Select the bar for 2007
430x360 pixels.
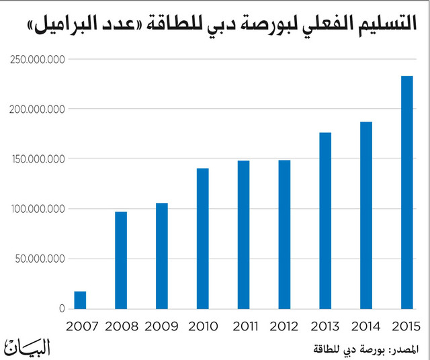pyautogui.click(x=80, y=300)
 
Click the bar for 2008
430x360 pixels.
pyautogui.click(x=121, y=260)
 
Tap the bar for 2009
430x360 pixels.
pyautogui.click(x=162, y=256)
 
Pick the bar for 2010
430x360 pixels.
pyautogui.click(x=203, y=238)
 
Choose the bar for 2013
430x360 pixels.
pyautogui.click(x=325, y=221)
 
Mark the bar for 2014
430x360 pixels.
pyautogui.click(x=366, y=215)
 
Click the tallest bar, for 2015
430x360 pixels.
pyautogui.click(x=407, y=193)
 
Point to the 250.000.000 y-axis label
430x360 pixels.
pyautogui.click(x=38, y=60)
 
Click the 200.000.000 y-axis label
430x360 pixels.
pyautogui.click(x=37, y=109)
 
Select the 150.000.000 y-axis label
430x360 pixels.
pyautogui.click(x=38, y=159)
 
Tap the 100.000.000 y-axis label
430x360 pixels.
pyautogui.click(x=38, y=209)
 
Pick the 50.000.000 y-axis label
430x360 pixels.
pyautogui.click(x=40, y=259)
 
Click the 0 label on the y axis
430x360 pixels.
pyautogui.click(x=62, y=309)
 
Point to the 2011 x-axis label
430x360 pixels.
pyautogui.click(x=245, y=326)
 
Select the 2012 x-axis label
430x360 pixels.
pyautogui.click(x=284, y=326)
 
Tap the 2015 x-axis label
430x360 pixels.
pyautogui.click(x=406, y=326)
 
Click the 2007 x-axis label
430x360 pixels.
pyautogui.click(x=82, y=326)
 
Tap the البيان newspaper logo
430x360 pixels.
pyautogui.click(x=27, y=347)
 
